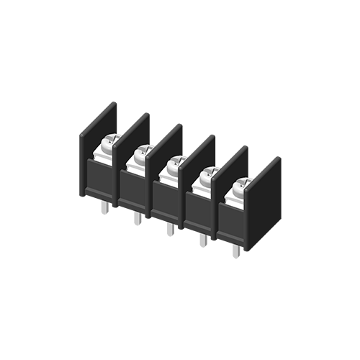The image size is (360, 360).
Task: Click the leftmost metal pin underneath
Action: (105, 207)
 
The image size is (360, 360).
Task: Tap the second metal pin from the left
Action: (137, 217)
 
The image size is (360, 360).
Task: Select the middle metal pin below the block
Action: (170, 228)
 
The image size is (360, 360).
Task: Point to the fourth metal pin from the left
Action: (203, 239)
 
